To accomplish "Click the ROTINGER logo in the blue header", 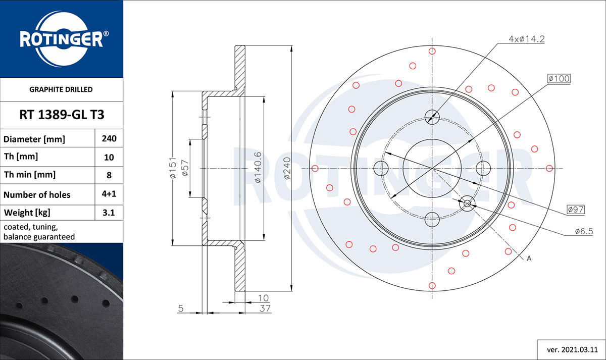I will coord(62,39).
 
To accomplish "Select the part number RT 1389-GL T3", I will coord(62,115).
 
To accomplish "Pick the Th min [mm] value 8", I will coord(109,175).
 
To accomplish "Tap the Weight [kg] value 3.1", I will coord(109,213).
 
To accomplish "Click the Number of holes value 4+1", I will coord(109,194).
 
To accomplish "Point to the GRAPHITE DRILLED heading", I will coord(61,89).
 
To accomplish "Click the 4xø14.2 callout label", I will coord(527,39).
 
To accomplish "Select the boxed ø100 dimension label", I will coord(559,78).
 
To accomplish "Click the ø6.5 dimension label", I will coord(583,231).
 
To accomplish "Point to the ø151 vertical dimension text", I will coord(172,168).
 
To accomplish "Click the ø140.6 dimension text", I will coord(257,168).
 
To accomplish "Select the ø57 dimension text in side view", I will coord(185,168).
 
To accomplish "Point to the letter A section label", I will coord(529,259).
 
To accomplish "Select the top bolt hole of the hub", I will coord(432,116).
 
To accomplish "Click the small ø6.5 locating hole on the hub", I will coord(467,203).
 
